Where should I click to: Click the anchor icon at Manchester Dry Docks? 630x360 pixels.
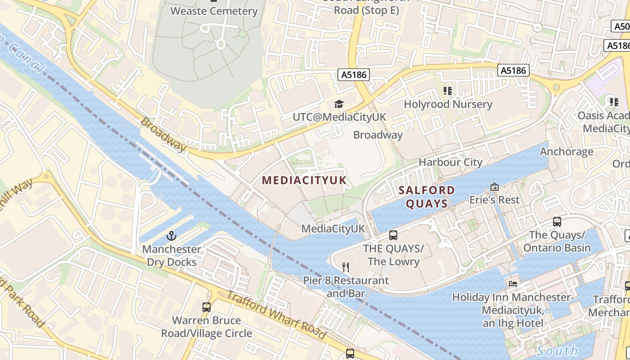[171, 236]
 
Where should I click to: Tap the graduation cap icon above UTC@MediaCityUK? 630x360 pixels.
[338, 104]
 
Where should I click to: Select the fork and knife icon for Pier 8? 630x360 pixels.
[346, 267]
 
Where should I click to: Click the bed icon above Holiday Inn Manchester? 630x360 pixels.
[513, 283]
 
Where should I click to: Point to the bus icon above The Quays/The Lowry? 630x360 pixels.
[393, 235]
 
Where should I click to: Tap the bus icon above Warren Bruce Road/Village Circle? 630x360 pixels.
[207, 307]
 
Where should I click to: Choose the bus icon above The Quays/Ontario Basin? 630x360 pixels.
[557, 221]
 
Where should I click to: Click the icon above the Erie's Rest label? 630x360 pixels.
[495, 186]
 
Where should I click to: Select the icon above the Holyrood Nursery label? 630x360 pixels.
[448, 91]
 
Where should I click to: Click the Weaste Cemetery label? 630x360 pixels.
[214, 11]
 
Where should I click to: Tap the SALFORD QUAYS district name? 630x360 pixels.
[427, 197]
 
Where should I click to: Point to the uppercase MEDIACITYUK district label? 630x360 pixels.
[304, 180]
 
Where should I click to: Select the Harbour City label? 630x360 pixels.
[450, 162]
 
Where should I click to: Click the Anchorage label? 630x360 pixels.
[567, 152]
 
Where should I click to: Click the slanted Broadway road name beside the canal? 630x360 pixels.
[163, 134]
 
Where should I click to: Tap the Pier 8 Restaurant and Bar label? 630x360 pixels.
[346, 287]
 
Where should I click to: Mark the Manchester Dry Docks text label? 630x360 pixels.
[171, 256]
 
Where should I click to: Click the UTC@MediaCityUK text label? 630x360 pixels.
[339, 117]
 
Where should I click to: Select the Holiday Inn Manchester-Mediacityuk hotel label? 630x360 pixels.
[512, 310]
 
